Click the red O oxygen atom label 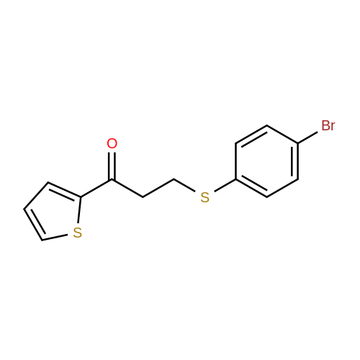pyautogui.click(x=112, y=143)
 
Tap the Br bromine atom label pyautogui.click(x=328, y=125)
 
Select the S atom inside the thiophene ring pyautogui.click(x=77, y=233)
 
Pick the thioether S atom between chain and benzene pyautogui.click(x=204, y=197)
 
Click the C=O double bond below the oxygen pyautogui.click(x=112, y=166)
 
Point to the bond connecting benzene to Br pyautogui.click(x=307, y=138)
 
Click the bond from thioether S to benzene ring pyautogui.click(x=225, y=185)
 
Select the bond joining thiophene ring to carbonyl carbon pyautogui.click(x=96, y=188)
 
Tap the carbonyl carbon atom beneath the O pyautogui.click(x=112, y=179)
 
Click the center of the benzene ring pyautogui.click(x=267, y=161)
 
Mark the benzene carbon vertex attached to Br pyautogui.click(x=298, y=143)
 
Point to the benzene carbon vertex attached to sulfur pyautogui.click(x=235, y=179)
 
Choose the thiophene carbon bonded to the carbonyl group pyautogui.click(x=81, y=197)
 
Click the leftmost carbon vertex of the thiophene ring pyautogui.click(x=24, y=209)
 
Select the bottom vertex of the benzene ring pyautogui.click(x=267, y=197)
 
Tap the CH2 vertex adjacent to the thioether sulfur pyautogui.click(x=174, y=179)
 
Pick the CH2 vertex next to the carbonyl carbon pyautogui.click(x=143, y=197)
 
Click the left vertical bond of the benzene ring pyautogui.click(x=235, y=161)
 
